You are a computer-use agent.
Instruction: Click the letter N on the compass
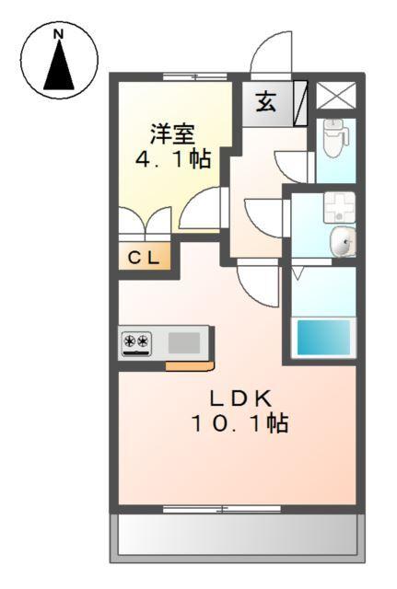59,35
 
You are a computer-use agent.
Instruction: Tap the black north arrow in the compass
60,66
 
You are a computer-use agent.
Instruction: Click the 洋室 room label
173,133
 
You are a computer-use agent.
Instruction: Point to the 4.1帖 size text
173,158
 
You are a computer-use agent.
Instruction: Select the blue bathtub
323,338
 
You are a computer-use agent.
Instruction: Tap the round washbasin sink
342,243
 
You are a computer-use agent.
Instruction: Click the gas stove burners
137,343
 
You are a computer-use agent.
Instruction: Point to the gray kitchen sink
184,343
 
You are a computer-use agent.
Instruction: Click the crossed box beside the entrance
329,96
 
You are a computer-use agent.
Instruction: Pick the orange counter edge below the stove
190,365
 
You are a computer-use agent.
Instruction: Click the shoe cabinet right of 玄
300,100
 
